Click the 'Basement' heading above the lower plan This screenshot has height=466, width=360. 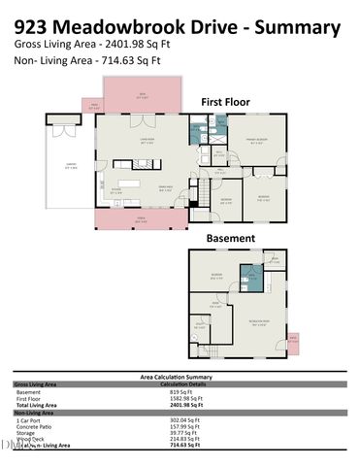[230, 238]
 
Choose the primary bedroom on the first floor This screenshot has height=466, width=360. [254, 141]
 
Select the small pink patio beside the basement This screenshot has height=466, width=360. [293, 340]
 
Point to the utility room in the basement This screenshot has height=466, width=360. [200, 328]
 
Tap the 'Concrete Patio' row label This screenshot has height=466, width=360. [37, 425]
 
